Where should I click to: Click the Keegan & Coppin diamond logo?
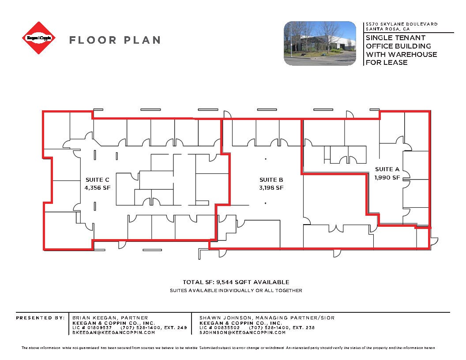(x=39, y=38)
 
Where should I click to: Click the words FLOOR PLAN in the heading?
(x=114, y=40)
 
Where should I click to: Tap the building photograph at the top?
(x=319, y=43)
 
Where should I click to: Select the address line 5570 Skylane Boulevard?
(x=401, y=24)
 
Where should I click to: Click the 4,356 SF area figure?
(x=97, y=187)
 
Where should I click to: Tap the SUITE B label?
(x=271, y=180)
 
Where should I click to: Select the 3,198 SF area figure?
(x=271, y=187)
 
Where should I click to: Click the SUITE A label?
(x=387, y=169)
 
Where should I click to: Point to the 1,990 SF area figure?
(x=387, y=177)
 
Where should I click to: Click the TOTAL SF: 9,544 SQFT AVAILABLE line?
(x=236, y=282)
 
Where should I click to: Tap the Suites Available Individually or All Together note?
(x=236, y=290)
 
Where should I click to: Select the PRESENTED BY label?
(x=40, y=318)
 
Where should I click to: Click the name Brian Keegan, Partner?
(x=110, y=318)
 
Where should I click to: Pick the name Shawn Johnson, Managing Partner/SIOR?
(x=267, y=318)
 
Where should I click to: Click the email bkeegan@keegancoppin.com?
(x=113, y=332)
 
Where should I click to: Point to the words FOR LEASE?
(x=387, y=63)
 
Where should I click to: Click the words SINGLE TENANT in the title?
(x=395, y=38)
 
